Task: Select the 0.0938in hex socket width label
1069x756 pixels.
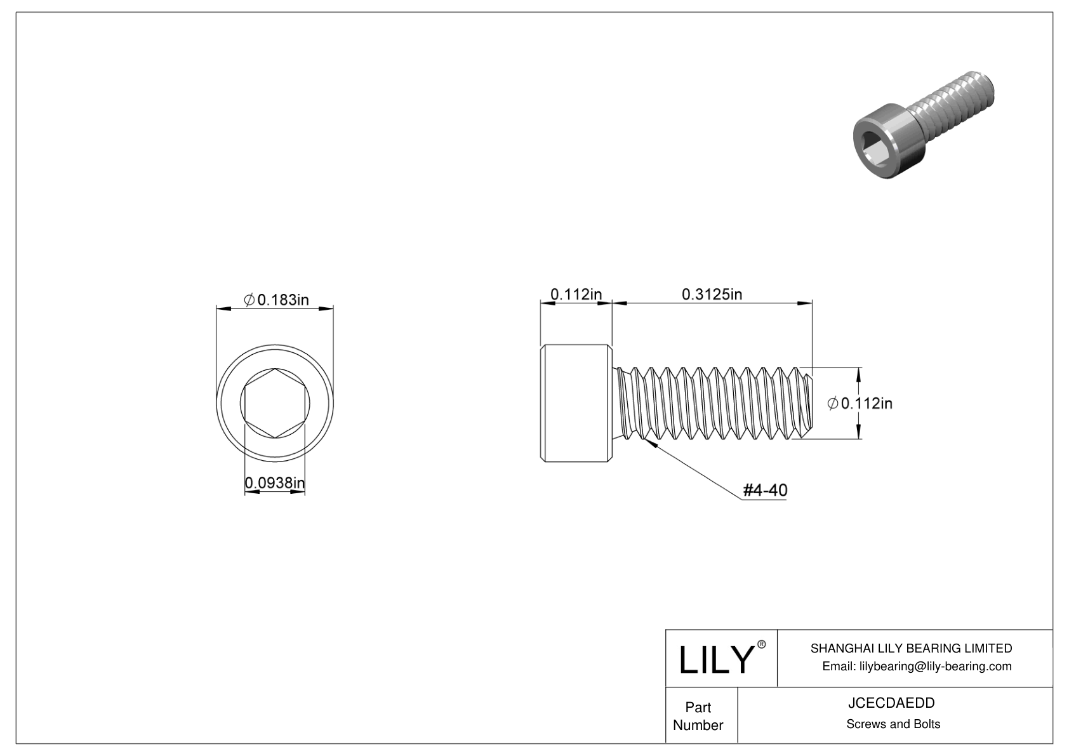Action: coord(275,484)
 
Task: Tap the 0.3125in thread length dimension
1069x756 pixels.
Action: coord(712,294)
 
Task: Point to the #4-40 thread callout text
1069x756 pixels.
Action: coord(765,490)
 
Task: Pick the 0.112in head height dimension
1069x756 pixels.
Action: coord(575,294)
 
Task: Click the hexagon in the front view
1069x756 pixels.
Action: coord(275,403)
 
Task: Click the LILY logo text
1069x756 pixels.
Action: coord(715,660)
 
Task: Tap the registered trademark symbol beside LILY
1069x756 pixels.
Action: coord(762,644)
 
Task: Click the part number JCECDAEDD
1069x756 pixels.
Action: coord(893,703)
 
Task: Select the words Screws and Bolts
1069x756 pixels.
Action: coord(893,724)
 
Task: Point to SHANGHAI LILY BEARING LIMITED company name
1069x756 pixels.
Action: coord(911,648)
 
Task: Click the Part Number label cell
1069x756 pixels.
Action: coord(698,716)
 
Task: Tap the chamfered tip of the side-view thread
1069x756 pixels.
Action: coord(808,403)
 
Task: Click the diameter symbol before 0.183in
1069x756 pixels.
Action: coord(249,300)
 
